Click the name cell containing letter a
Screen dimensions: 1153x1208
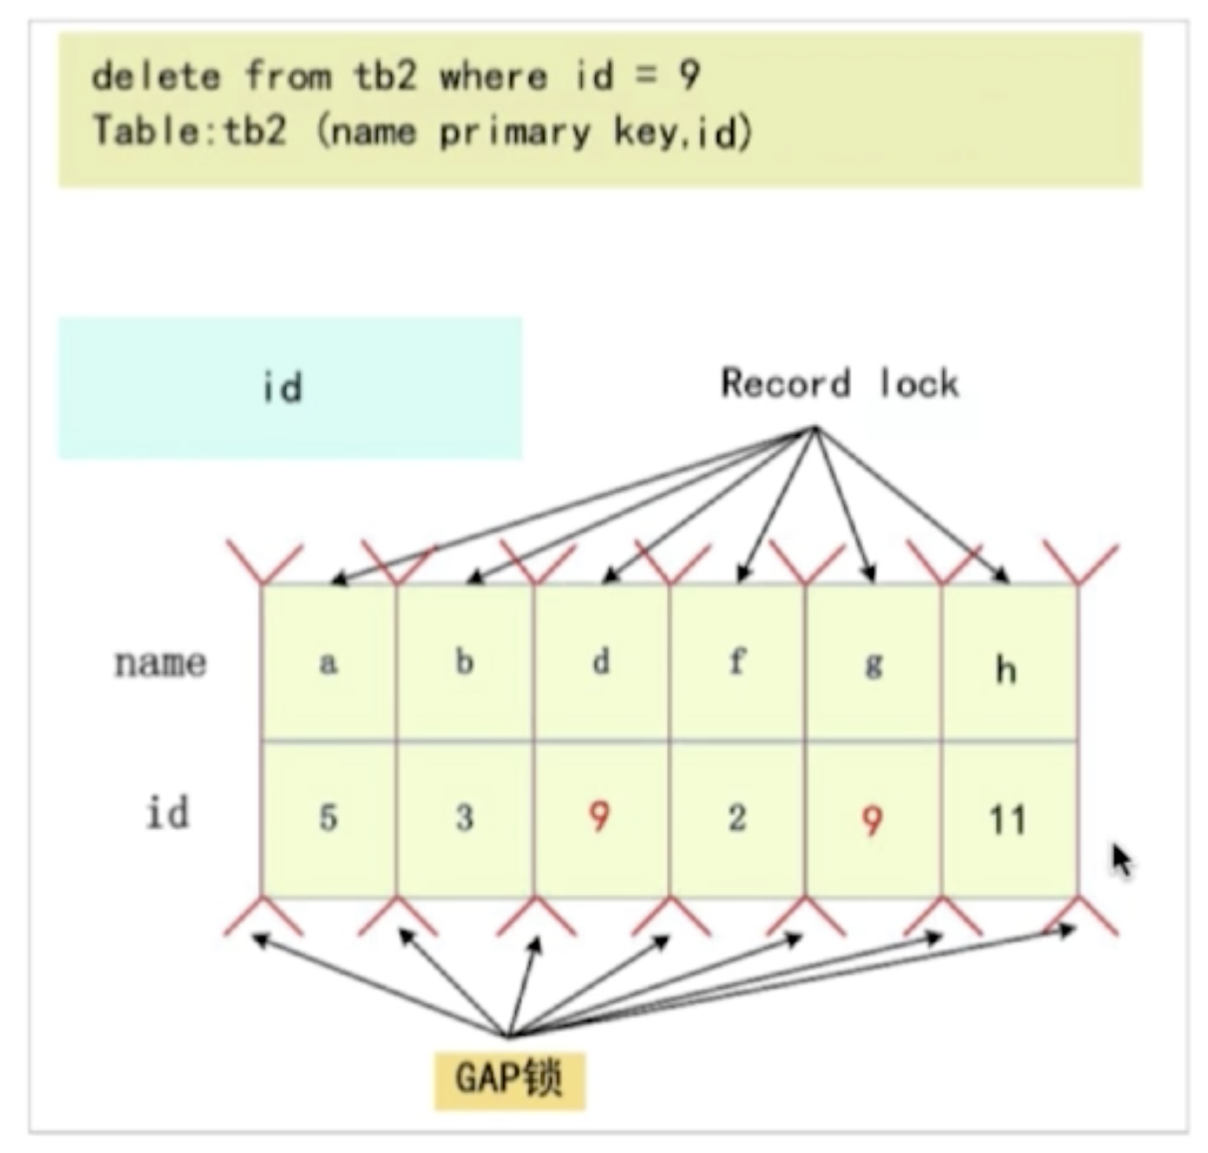coord(328,662)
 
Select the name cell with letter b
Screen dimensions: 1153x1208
coord(464,662)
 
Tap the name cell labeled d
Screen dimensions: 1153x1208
coord(601,662)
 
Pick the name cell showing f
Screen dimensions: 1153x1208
coord(738,662)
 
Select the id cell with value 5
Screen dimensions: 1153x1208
coord(328,819)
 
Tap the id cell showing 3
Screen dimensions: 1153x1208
coord(464,819)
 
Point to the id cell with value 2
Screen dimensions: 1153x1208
coord(738,819)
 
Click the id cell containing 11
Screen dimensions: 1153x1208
coord(1008,821)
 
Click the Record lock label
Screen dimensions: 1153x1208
coord(839,384)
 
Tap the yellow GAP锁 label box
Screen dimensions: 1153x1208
coord(509,1078)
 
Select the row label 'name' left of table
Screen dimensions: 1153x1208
coord(160,662)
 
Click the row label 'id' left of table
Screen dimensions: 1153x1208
coord(167,813)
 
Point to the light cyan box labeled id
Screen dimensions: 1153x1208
coord(290,388)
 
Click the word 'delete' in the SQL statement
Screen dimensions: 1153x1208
coord(155,77)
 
